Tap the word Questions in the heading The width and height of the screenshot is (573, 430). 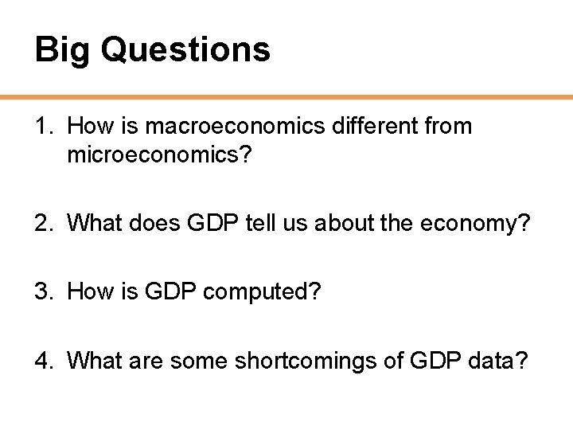point(185,50)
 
